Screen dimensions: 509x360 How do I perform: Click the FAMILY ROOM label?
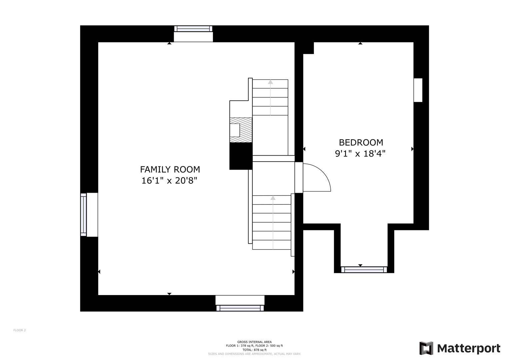[170, 170]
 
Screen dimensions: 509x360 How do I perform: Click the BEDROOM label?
[361, 143]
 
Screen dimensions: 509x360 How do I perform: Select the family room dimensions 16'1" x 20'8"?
[169, 181]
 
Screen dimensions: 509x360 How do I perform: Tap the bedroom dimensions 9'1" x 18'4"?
[360, 154]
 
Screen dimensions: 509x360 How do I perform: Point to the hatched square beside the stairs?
[241, 130]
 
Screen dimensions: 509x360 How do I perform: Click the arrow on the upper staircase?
[270, 97]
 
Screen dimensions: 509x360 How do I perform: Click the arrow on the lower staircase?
[273, 223]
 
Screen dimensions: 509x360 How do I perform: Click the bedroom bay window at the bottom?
[364, 270]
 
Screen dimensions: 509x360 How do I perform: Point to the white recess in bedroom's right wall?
[418, 90]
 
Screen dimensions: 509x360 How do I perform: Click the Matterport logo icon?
[426, 348]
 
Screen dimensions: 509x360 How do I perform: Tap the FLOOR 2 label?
[20, 330]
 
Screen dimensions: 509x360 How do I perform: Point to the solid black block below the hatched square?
[241, 156]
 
